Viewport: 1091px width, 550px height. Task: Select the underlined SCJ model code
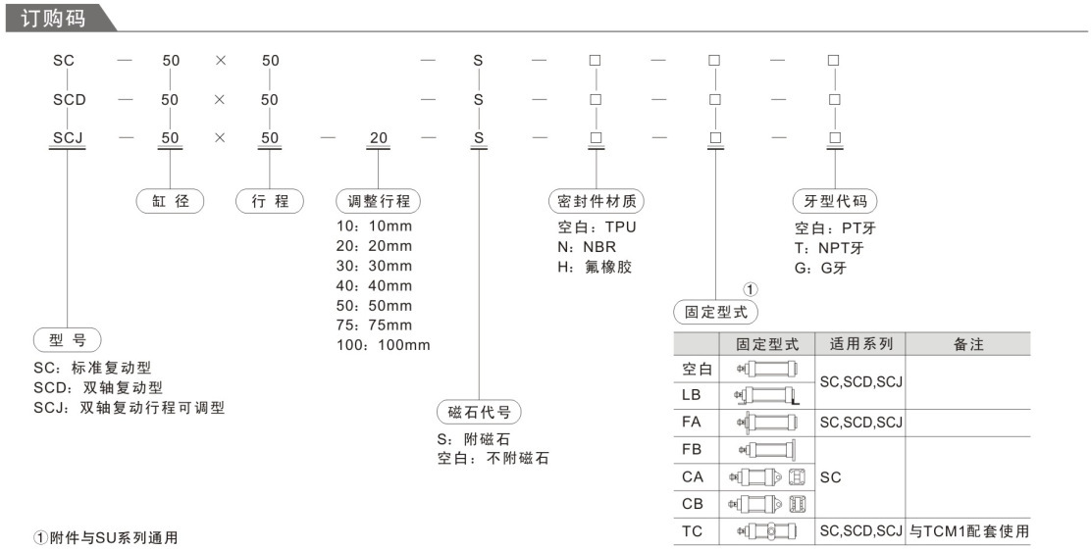[68, 138]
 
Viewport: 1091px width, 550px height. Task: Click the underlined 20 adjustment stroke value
[378, 138]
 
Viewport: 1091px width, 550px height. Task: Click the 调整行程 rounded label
[379, 202]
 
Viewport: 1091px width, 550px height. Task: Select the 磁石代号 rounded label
[479, 412]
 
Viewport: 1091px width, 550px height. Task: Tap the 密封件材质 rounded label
[596, 202]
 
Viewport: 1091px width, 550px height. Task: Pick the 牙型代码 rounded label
[834, 202]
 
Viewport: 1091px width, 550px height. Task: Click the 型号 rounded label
[68, 341]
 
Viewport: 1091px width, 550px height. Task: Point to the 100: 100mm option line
[384, 345]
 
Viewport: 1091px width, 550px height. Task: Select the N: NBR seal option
[580, 246]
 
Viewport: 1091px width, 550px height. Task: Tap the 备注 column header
[968, 344]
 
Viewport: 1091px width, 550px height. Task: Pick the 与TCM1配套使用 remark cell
[968, 531]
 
